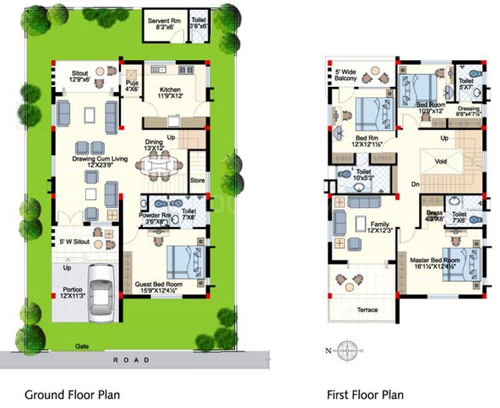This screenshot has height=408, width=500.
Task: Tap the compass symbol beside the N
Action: click(346, 350)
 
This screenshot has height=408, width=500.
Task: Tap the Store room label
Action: click(198, 179)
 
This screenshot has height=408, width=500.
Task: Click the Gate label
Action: click(81, 347)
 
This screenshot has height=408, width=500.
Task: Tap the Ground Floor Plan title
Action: click(72, 395)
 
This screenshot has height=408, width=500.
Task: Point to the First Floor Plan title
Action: click(364, 395)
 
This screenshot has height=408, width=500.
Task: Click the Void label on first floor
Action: click(440, 161)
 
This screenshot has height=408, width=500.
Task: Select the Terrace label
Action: click(366, 310)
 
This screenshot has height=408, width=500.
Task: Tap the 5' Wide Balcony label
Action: click(346, 74)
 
